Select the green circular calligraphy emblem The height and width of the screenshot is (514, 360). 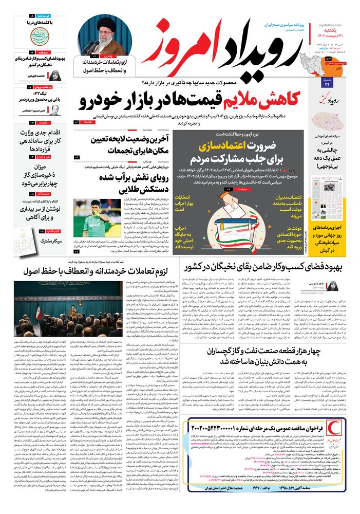point(40,37)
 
